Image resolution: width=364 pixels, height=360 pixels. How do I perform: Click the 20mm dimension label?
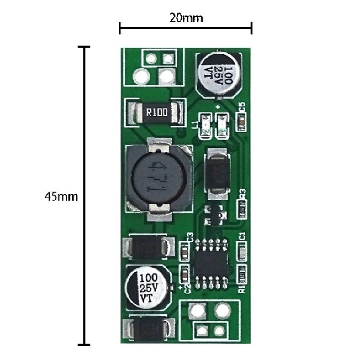[186, 18]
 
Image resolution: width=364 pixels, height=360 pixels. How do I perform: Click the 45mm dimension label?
[62, 197]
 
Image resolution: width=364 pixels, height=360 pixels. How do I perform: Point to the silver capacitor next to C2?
[147, 286]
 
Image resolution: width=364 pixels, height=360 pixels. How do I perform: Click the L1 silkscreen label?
[196, 125]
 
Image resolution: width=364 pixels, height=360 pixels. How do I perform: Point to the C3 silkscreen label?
[188, 236]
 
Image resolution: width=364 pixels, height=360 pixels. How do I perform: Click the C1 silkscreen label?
[242, 236]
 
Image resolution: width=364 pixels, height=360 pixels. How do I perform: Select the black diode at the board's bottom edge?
[149, 330]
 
